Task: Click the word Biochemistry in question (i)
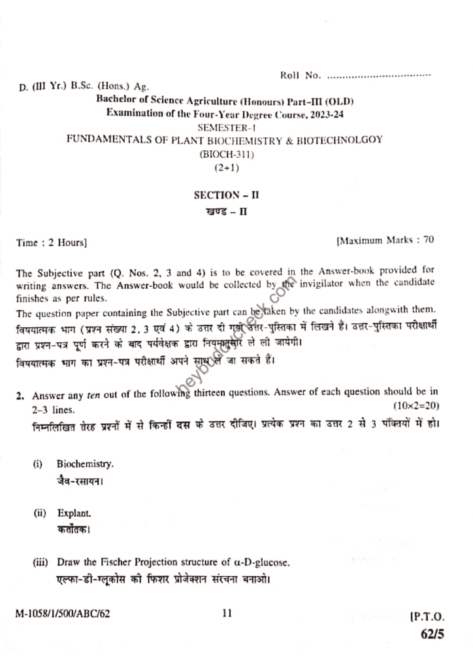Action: [x=85, y=464]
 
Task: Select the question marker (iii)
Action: [x=40, y=562]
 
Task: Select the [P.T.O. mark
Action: [x=428, y=617]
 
